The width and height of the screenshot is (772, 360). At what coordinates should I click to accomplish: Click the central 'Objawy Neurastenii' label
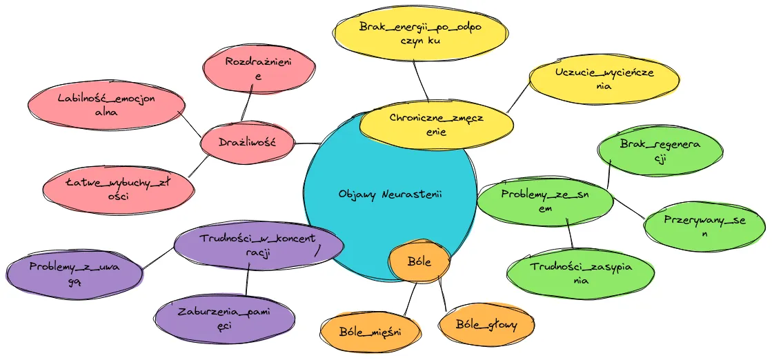coord(390,194)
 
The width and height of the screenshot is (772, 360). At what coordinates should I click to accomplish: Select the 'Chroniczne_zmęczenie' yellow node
coord(437,124)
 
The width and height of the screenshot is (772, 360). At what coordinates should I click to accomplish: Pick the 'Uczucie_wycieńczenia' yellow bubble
coord(604,79)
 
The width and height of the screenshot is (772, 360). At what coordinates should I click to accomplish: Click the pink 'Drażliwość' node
coord(247,143)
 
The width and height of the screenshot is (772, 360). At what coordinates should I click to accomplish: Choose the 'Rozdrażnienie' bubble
coord(259,69)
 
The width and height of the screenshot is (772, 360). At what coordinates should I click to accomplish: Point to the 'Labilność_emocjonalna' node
coord(106,105)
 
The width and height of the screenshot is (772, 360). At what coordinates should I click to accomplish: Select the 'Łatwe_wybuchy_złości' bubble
coord(117,189)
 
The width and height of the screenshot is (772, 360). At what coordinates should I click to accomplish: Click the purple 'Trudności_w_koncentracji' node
coord(258,246)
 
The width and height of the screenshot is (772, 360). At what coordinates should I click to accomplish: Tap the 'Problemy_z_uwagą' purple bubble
coord(75,272)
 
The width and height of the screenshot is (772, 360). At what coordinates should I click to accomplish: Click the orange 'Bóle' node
coord(419,262)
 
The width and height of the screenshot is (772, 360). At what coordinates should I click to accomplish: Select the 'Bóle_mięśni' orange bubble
coord(370,331)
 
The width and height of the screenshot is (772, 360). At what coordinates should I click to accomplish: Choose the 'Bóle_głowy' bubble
coord(486,324)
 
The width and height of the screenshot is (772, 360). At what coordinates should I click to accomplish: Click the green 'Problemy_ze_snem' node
coord(545,201)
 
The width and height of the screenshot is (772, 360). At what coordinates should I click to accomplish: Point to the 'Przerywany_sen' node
coord(704,226)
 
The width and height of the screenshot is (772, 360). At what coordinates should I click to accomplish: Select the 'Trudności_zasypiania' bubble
coord(581,273)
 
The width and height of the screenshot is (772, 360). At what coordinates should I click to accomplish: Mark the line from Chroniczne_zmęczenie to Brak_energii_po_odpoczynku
coord(420,79)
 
